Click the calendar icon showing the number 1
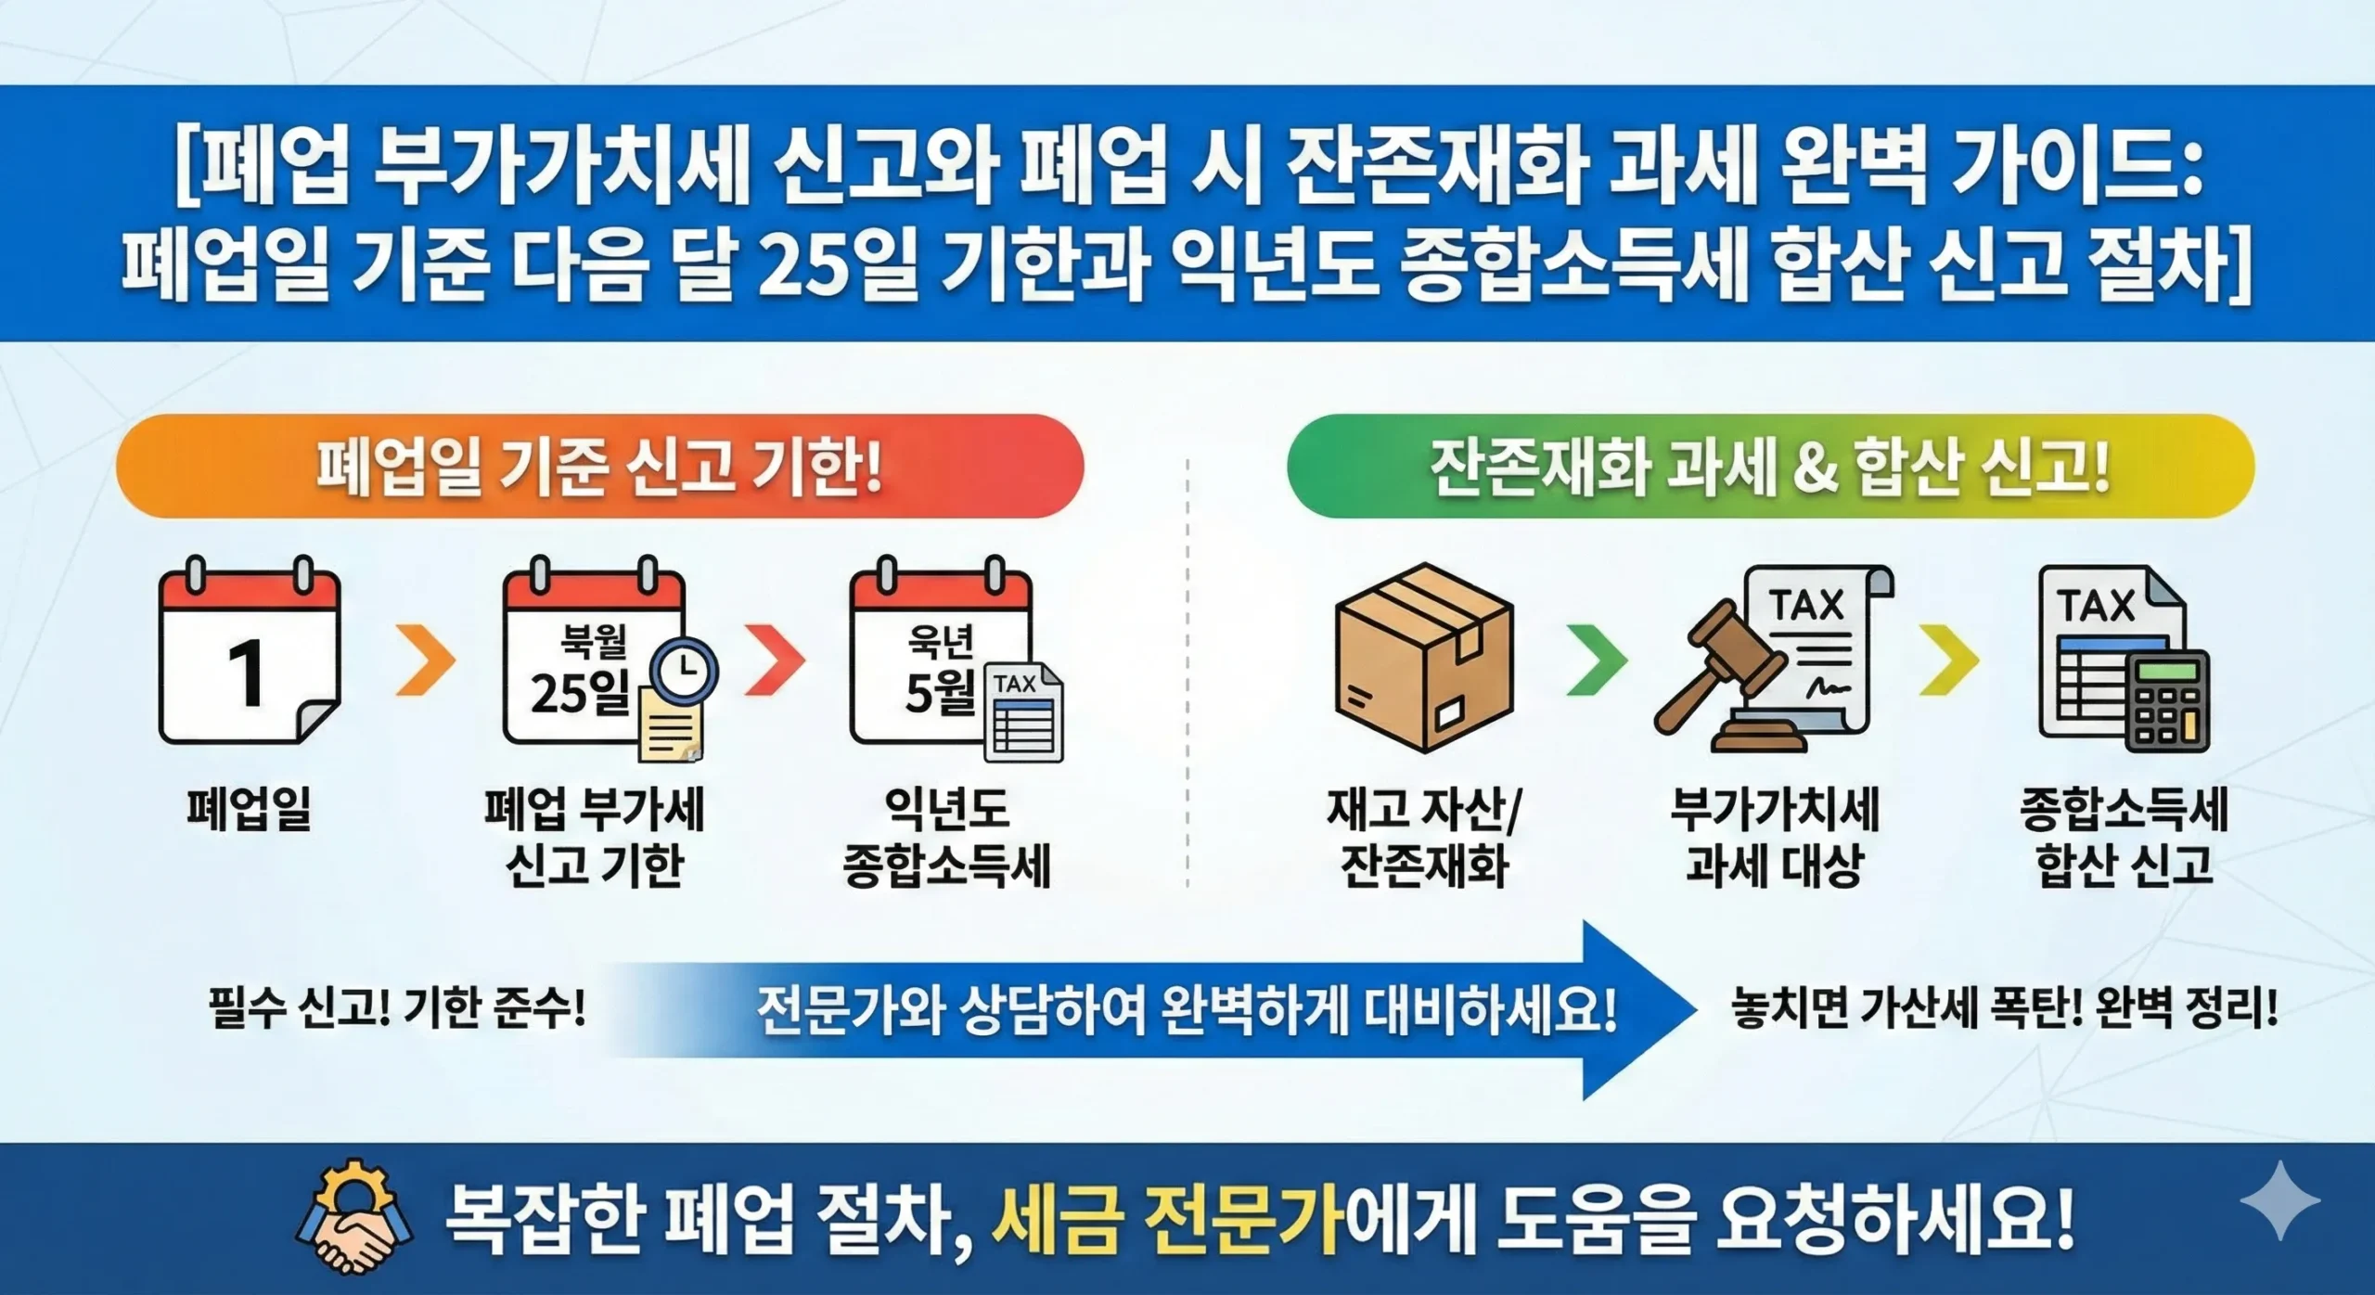click(249, 654)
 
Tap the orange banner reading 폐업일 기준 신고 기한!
click(599, 467)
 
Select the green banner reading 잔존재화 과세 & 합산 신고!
click(1770, 467)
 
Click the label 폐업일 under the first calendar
click(249, 809)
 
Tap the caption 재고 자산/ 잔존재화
click(1424, 838)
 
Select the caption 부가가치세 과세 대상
click(1774, 838)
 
